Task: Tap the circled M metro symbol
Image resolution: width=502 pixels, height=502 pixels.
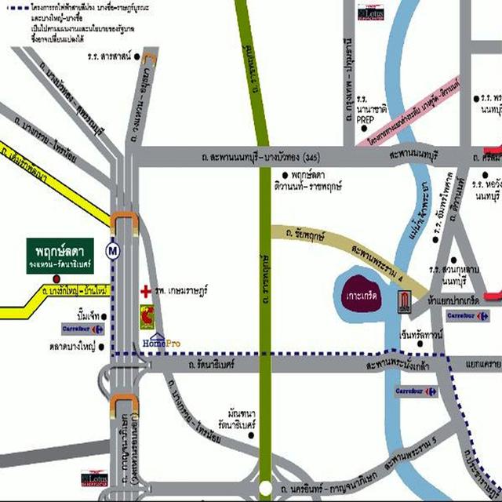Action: click(x=115, y=251)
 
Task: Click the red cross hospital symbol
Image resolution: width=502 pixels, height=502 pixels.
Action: click(x=145, y=290)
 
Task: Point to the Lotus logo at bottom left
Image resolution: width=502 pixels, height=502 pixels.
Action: click(x=93, y=477)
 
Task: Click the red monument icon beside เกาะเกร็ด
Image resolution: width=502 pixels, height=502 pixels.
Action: click(x=405, y=301)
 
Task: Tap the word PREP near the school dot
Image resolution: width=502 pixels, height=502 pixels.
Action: click(x=366, y=121)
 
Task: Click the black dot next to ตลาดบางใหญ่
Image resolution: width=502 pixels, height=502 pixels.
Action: click(x=103, y=344)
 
